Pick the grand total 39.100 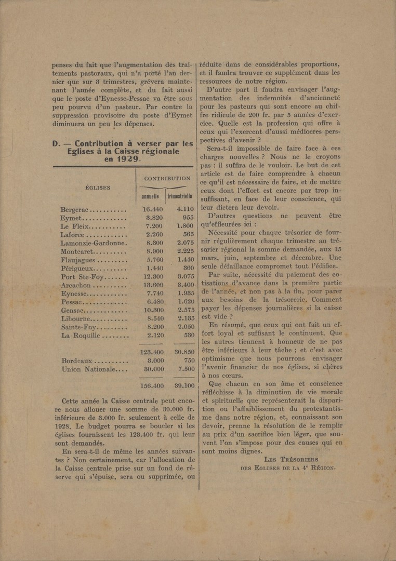click(181, 386)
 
